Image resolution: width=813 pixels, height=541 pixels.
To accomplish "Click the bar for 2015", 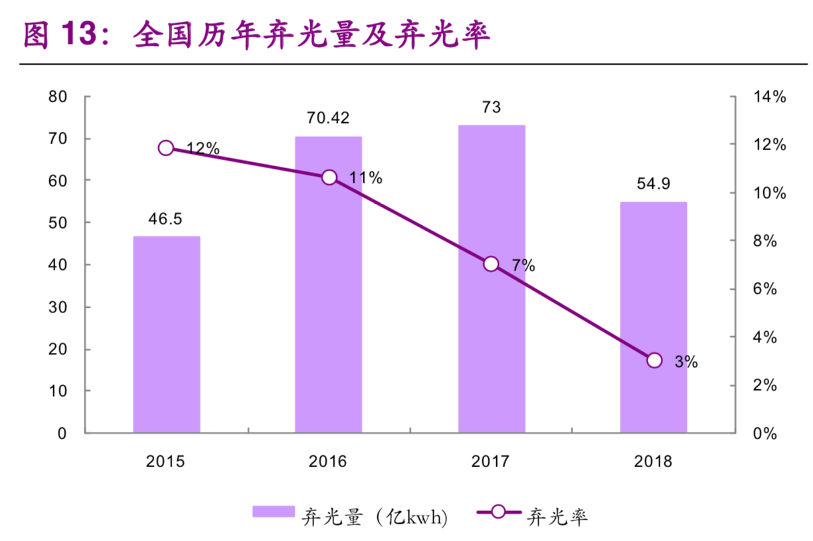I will tap(166, 334).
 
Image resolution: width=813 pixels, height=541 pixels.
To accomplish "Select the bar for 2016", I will tap(328, 284).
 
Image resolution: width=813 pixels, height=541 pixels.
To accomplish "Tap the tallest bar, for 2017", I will tap(492, 279).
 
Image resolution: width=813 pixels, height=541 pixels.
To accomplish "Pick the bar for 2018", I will tap(654, 317).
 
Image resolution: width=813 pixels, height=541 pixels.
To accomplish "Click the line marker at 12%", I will tap(166, 148).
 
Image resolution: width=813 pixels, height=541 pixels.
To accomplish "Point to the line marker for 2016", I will tap(329, 177).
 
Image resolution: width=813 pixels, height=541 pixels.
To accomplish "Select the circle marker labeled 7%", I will tap(491, 264).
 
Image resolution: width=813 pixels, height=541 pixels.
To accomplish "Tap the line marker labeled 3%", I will tap(654, 360).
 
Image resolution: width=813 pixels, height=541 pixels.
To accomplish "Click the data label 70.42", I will tap(328, 118).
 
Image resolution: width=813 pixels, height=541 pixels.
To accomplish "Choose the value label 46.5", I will tap(166, 219).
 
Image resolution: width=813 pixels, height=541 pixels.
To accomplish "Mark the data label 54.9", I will tap(654, 184).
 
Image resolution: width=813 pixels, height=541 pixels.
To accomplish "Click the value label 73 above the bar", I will tap(492, 107).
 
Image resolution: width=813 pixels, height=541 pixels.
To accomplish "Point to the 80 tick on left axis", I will tap(58, 97).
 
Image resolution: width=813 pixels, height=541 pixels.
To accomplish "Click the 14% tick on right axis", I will tap(769, 97).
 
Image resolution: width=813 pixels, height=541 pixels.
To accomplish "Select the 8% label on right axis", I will tap(765, 241).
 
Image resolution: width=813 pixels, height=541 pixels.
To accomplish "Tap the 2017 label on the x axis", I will tap(491, 461).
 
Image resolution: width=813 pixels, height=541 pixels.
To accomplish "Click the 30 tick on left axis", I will tap(58, 307).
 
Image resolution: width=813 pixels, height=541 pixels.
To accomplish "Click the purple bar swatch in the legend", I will tap(273, 512).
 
